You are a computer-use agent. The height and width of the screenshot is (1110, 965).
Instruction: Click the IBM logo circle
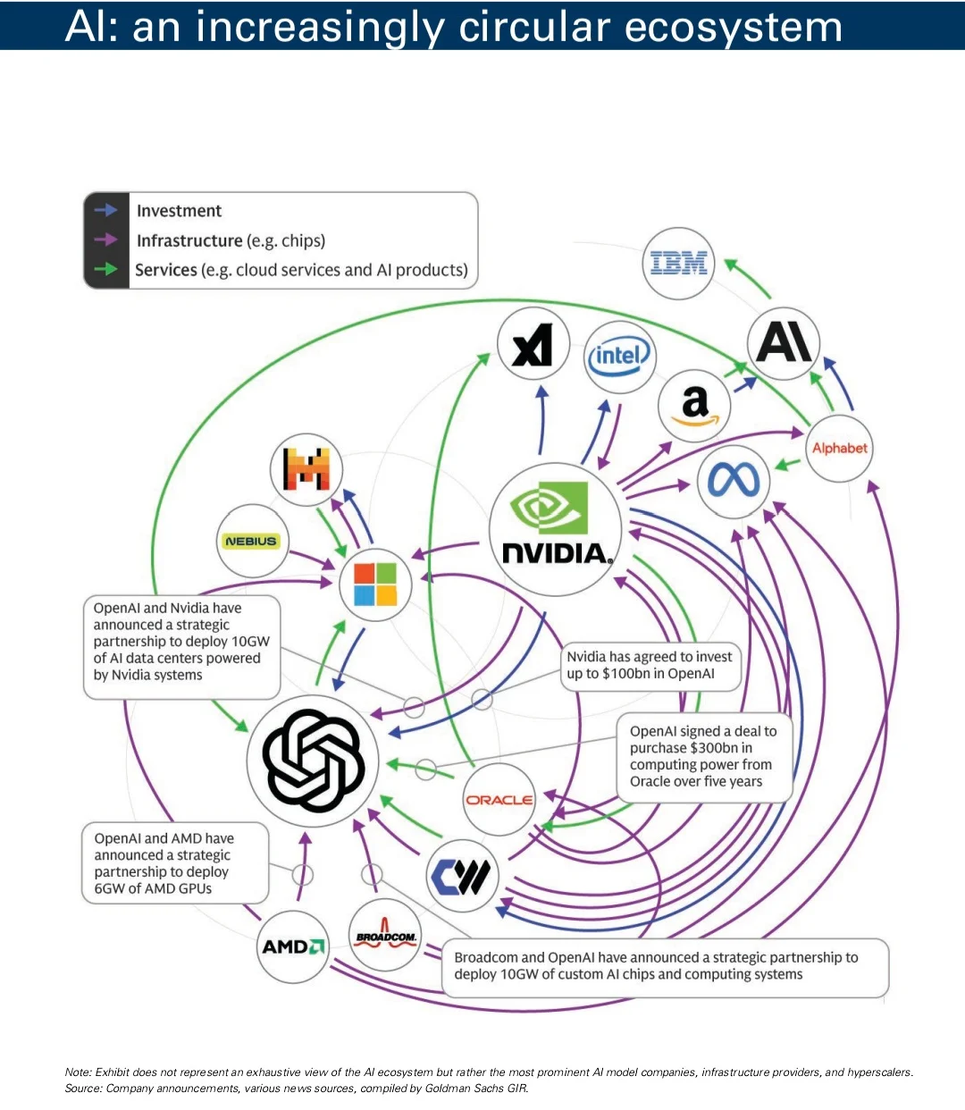(678, 263)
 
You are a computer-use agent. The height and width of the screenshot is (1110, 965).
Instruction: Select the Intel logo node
(620, 357)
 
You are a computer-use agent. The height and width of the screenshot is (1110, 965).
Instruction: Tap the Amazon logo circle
(694, 406)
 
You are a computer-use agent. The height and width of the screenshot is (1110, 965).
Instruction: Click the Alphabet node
(839, 448)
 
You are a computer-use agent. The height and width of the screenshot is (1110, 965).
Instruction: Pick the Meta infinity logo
(734, 482)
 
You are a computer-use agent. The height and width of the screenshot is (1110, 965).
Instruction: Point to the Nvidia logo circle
(555, 529)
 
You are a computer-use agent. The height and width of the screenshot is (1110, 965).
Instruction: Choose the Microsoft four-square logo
(375, 584)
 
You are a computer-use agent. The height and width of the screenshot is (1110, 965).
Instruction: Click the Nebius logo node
(252, 541)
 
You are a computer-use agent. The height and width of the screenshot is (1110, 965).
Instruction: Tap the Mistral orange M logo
(306, 468)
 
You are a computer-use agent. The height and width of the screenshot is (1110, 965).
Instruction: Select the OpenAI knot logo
(313, 761)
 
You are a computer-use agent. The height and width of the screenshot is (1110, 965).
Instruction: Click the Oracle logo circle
(499, 800)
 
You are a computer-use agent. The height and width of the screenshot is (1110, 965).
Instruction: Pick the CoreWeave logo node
(462, 876)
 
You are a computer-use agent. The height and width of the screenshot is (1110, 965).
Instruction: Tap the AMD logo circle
(293, 946)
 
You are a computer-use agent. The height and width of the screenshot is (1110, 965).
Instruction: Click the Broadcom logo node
(385, 935)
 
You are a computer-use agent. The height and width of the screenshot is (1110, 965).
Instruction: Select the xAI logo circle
(533, 343)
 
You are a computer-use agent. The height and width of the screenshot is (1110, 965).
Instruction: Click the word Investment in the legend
(179, 211)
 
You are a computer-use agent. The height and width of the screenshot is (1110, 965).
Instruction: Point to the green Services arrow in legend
(105, 268)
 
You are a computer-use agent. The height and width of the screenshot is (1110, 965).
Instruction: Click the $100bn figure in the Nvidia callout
(626, 673)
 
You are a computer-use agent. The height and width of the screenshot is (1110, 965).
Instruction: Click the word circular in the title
(534, 26)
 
